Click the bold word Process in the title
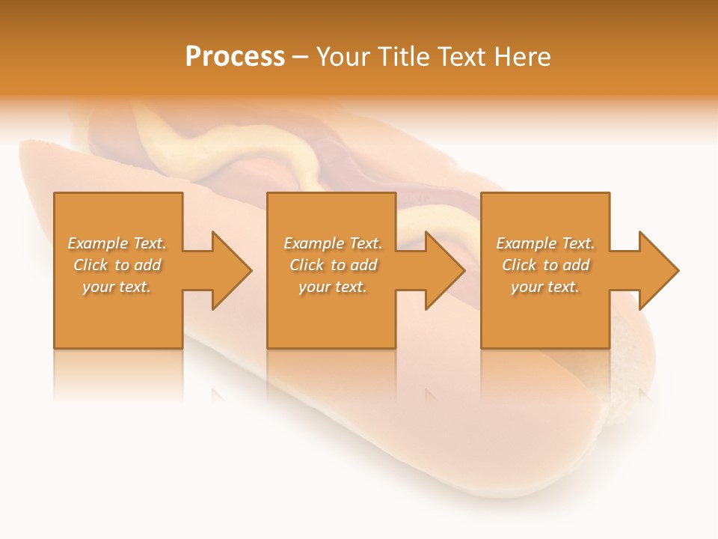point(235,57)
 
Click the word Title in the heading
point(402,57)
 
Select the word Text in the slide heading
point(460,57)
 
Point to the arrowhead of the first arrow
point(232,270)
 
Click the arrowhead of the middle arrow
point(446,270)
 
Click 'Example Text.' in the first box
point(117,243)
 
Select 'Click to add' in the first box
point(117,265)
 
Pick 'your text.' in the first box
point(117,287)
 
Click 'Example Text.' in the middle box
point(332,243)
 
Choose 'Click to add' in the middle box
point(332,265)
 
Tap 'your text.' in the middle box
point(332,287)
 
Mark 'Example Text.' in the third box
point(545,243)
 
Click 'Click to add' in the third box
point(545,265)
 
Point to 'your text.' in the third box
point(545,287)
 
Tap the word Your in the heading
point(343,57)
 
